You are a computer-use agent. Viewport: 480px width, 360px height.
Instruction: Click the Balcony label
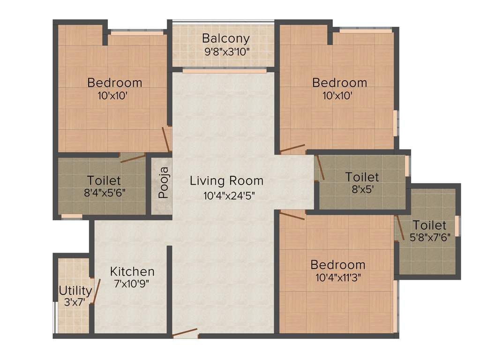pyautogui.click(x=225, y=38)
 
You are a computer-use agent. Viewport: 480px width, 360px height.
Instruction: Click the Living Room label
pyautogui.click(x=226, y=180)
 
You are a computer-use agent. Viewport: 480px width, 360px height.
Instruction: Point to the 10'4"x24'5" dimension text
pyautogui.click(x=226, y=195)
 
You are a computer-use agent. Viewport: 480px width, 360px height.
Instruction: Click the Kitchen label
pyautogui.click(x=132, y=271)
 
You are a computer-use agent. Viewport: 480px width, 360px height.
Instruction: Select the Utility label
pyautogui.click(x=75, y=291)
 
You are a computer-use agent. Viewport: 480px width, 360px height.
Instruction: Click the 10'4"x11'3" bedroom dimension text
pyautogui.click(x=337, y=277)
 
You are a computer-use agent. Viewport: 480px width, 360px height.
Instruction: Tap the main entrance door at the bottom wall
pyautogui.click(x=185, y=333)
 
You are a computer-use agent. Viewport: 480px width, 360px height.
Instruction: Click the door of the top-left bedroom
pyautogui.click(x=166, y=139)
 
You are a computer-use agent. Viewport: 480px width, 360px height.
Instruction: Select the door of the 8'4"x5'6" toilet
pyautogui.click(x=133, y=157)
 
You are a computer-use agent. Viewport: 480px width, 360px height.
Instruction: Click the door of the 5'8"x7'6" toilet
pyautogui.click(x=400, y=228)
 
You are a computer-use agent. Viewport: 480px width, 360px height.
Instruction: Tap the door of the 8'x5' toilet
pyautogui.click(x=320, y=168)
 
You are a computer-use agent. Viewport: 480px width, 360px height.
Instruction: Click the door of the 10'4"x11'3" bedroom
pyautogui.click(x=292, y=215)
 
